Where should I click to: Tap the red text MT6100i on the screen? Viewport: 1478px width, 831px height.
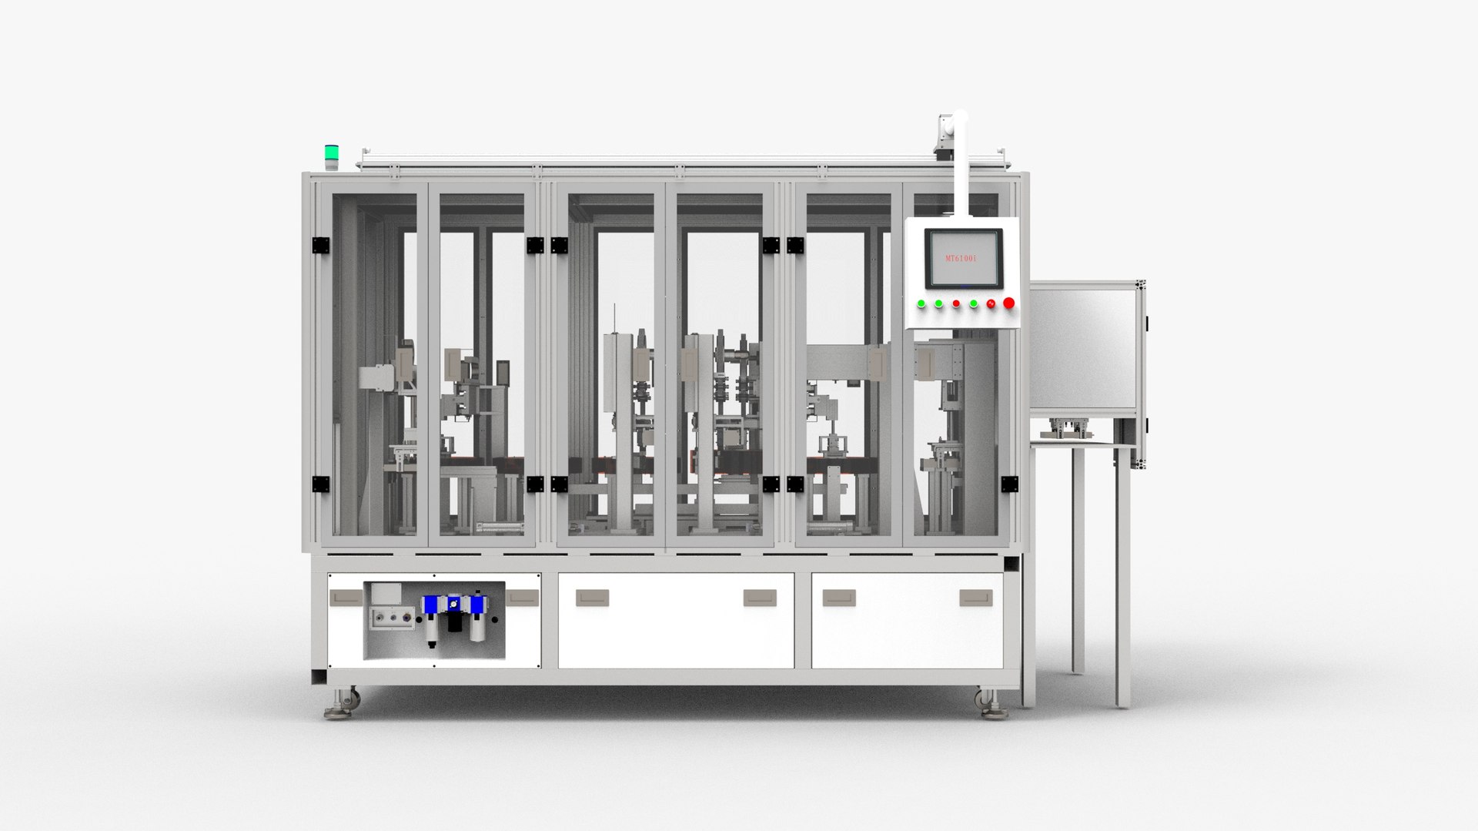pos(961,259)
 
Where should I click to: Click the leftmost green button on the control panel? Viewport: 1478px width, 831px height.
pos(921,303)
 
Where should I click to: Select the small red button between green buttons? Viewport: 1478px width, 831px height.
pos(956,303)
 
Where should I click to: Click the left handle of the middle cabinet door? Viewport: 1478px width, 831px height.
pos(592,598)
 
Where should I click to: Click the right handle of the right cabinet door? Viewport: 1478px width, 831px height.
pos(975,598)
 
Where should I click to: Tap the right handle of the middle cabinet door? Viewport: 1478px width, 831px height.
pos(760,598)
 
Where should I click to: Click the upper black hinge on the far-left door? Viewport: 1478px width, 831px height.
pos(320,245)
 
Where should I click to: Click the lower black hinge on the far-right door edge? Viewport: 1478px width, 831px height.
pos(1008,484)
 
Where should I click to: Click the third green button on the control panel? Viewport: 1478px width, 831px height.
pos(974,303)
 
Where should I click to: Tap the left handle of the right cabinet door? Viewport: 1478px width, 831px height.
pos(838,598)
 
